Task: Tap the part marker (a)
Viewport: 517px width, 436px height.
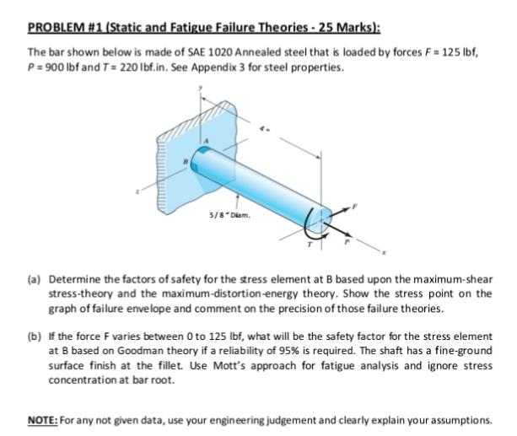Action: (x=35, y=279)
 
